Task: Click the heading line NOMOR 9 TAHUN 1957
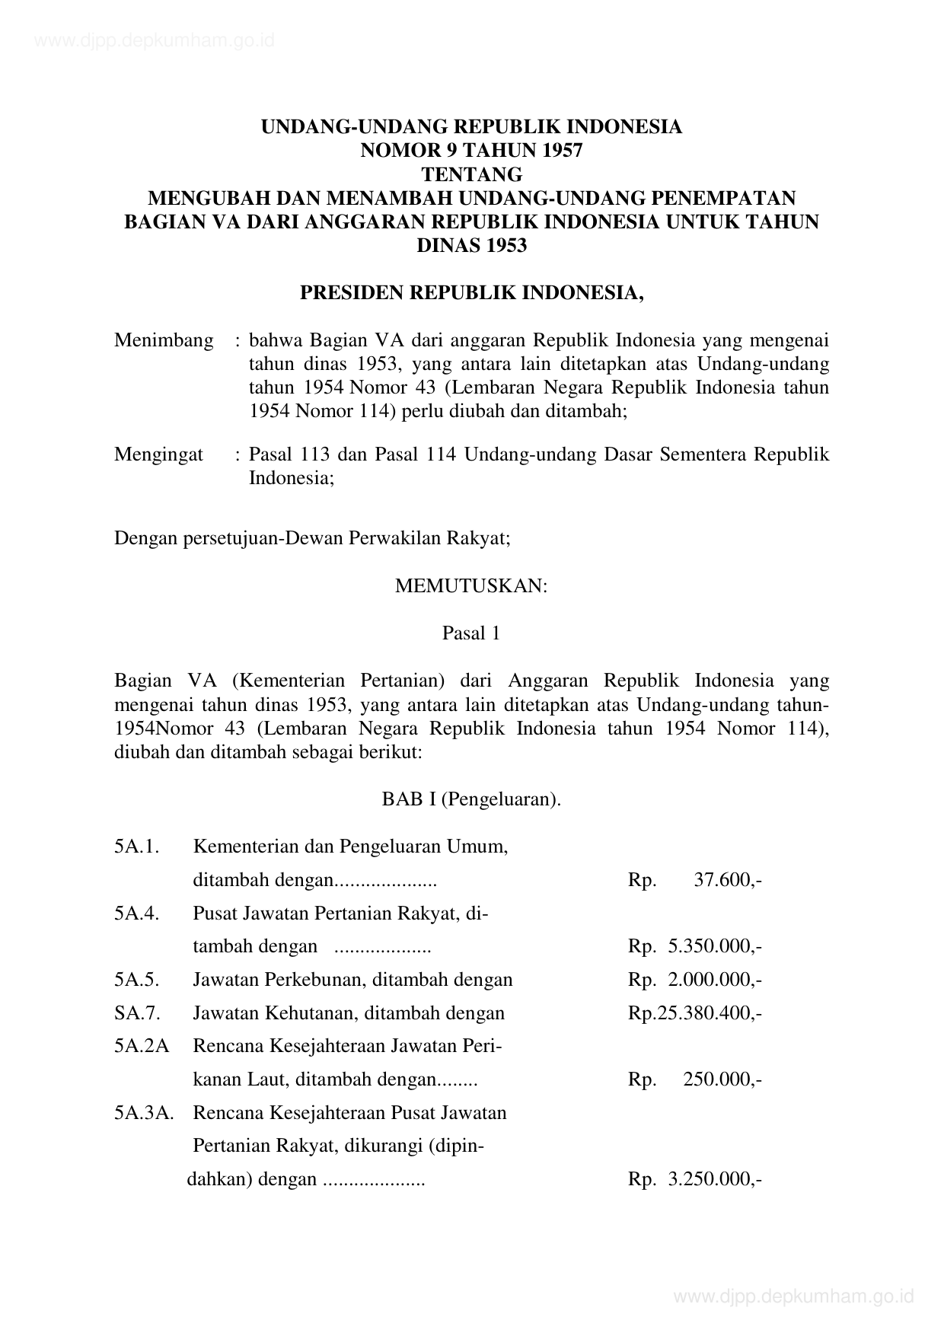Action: (x=471, y=150)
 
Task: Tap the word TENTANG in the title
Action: (x=471, y=174)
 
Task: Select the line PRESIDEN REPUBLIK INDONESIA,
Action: (x=471, y=293)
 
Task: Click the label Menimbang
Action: (x=164, y=340)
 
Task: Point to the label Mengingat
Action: (x=158, y=454)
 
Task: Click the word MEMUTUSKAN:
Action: (x=471, y=586)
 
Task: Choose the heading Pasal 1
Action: (x=471, y=633)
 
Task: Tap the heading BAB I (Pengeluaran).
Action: (x=471, y=799)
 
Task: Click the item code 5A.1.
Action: (x=137, y=847)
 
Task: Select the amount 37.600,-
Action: (x=728, y=880)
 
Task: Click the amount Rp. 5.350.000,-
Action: (x=694, y=946)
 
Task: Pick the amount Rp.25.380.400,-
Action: (x=694, y=1012)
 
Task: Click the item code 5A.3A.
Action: (x=144, y=1113)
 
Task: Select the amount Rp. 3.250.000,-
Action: (x=694, y=1179)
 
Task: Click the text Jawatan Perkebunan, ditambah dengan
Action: (x=352, y=979)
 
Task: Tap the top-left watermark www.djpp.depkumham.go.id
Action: (x=155, y=40)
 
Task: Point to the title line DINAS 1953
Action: (x=471, y=245)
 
